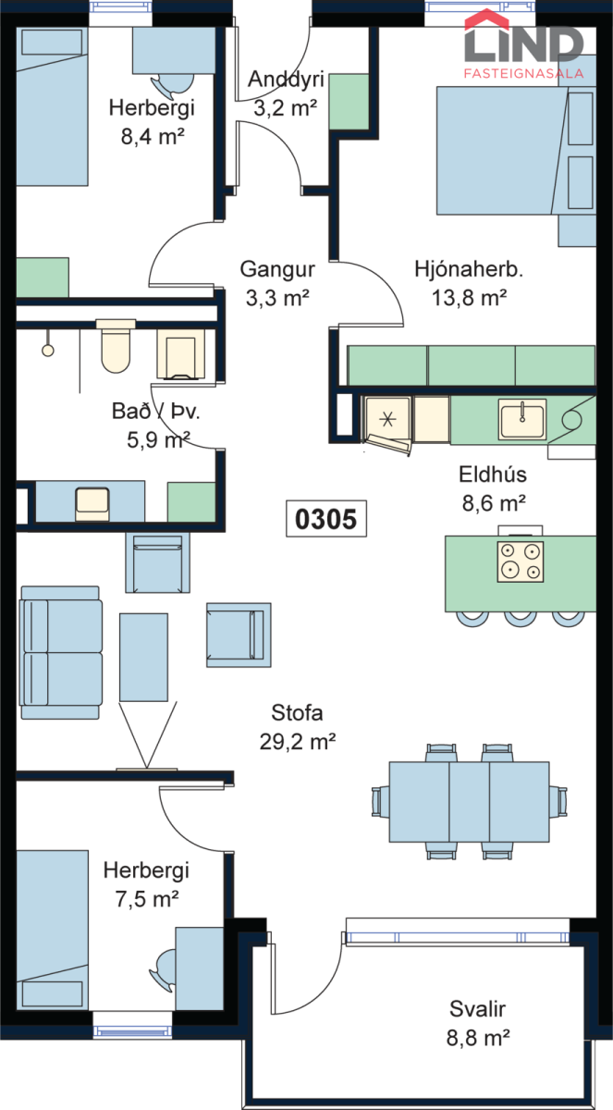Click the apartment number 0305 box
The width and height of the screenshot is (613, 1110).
pos(326,518)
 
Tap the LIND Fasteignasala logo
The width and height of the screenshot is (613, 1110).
pos(524,44)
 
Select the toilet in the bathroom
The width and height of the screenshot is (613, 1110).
pos(116,346)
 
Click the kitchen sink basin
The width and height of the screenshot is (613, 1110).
pos(522,419)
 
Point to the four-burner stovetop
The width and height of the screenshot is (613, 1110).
pos(521,561)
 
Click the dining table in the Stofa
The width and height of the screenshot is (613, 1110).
pos(469,802)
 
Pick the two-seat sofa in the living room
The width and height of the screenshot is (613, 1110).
pos(60,653)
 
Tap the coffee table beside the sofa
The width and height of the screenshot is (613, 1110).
pos(143,657)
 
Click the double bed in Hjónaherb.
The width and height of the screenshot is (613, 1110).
pos(515,151)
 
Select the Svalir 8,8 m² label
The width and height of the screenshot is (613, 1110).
pos(478,1023)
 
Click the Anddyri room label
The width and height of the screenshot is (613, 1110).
pos(286,80)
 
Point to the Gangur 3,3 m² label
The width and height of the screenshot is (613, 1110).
pos(277,283)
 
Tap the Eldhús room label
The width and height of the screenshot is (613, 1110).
pos(493,475)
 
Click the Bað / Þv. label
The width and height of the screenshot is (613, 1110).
pos(155,412)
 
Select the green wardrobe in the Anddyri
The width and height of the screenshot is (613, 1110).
pos(349,102)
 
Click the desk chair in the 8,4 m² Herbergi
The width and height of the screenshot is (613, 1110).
pos(172,84)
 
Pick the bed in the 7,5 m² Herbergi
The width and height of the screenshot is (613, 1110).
pos(52,931)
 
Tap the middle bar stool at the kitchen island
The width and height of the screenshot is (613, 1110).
pos(521,620)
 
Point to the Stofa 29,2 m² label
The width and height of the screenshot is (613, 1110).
pos(298,727)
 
